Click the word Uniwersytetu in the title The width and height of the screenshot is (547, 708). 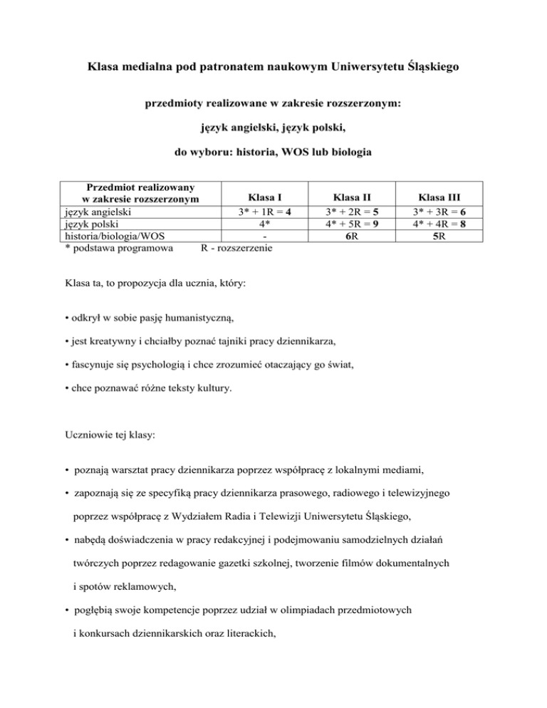(x=365, y=68)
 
